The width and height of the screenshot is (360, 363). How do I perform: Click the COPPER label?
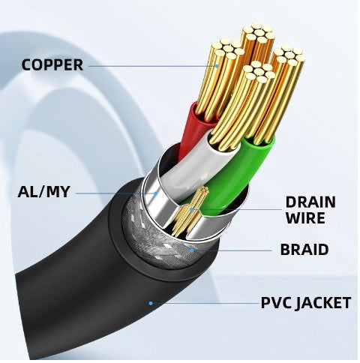coord(52,64)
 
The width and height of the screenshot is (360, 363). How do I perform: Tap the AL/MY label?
coord(43,192)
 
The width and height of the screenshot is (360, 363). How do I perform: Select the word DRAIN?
coord(310,202)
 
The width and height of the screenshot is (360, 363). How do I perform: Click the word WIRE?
coord(305,218)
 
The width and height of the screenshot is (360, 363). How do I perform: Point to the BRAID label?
coord(304,250)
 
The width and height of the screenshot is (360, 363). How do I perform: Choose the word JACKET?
coord(323,303)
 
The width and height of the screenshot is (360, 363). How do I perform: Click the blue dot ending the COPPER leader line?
coord(217,65)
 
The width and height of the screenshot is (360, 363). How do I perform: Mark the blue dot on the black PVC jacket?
coord(151,303)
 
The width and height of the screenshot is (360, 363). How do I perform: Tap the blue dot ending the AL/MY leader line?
coord(156,193)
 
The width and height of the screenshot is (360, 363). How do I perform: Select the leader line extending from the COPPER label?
coord(150,65)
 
